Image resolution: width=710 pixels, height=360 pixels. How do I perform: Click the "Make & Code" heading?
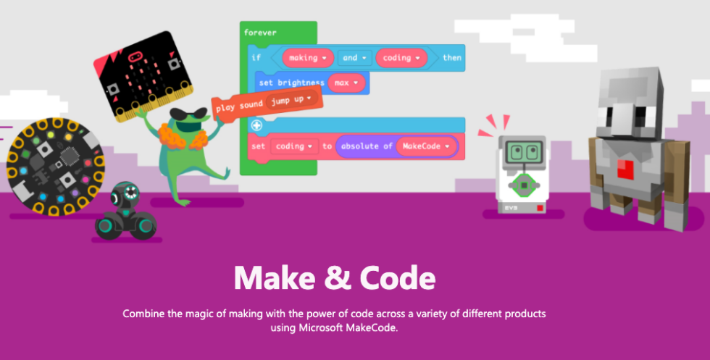pyautogui.click(x=335, y=278)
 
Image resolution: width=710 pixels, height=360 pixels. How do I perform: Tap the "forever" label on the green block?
pyautogui.click(x=260, y=33)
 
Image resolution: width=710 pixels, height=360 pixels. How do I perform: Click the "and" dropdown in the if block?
pyautogui.click(x=355, y=58)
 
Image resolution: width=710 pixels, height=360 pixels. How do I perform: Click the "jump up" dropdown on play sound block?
pyautogui.click(x=292, y=100)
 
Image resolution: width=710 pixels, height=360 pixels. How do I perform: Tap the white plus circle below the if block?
pyautogui.click(x=256, y=125)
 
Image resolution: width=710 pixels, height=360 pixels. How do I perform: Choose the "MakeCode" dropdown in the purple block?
pyautogui.click(x=426, y=146)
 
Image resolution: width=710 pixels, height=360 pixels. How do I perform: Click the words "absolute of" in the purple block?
pyautogui.click(x=366, y=146)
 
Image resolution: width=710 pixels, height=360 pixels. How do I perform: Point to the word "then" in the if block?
pyautogui.click(x=451, y=58)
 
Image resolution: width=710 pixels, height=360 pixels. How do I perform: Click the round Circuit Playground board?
pyautogui.click(x=53, y=167)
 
